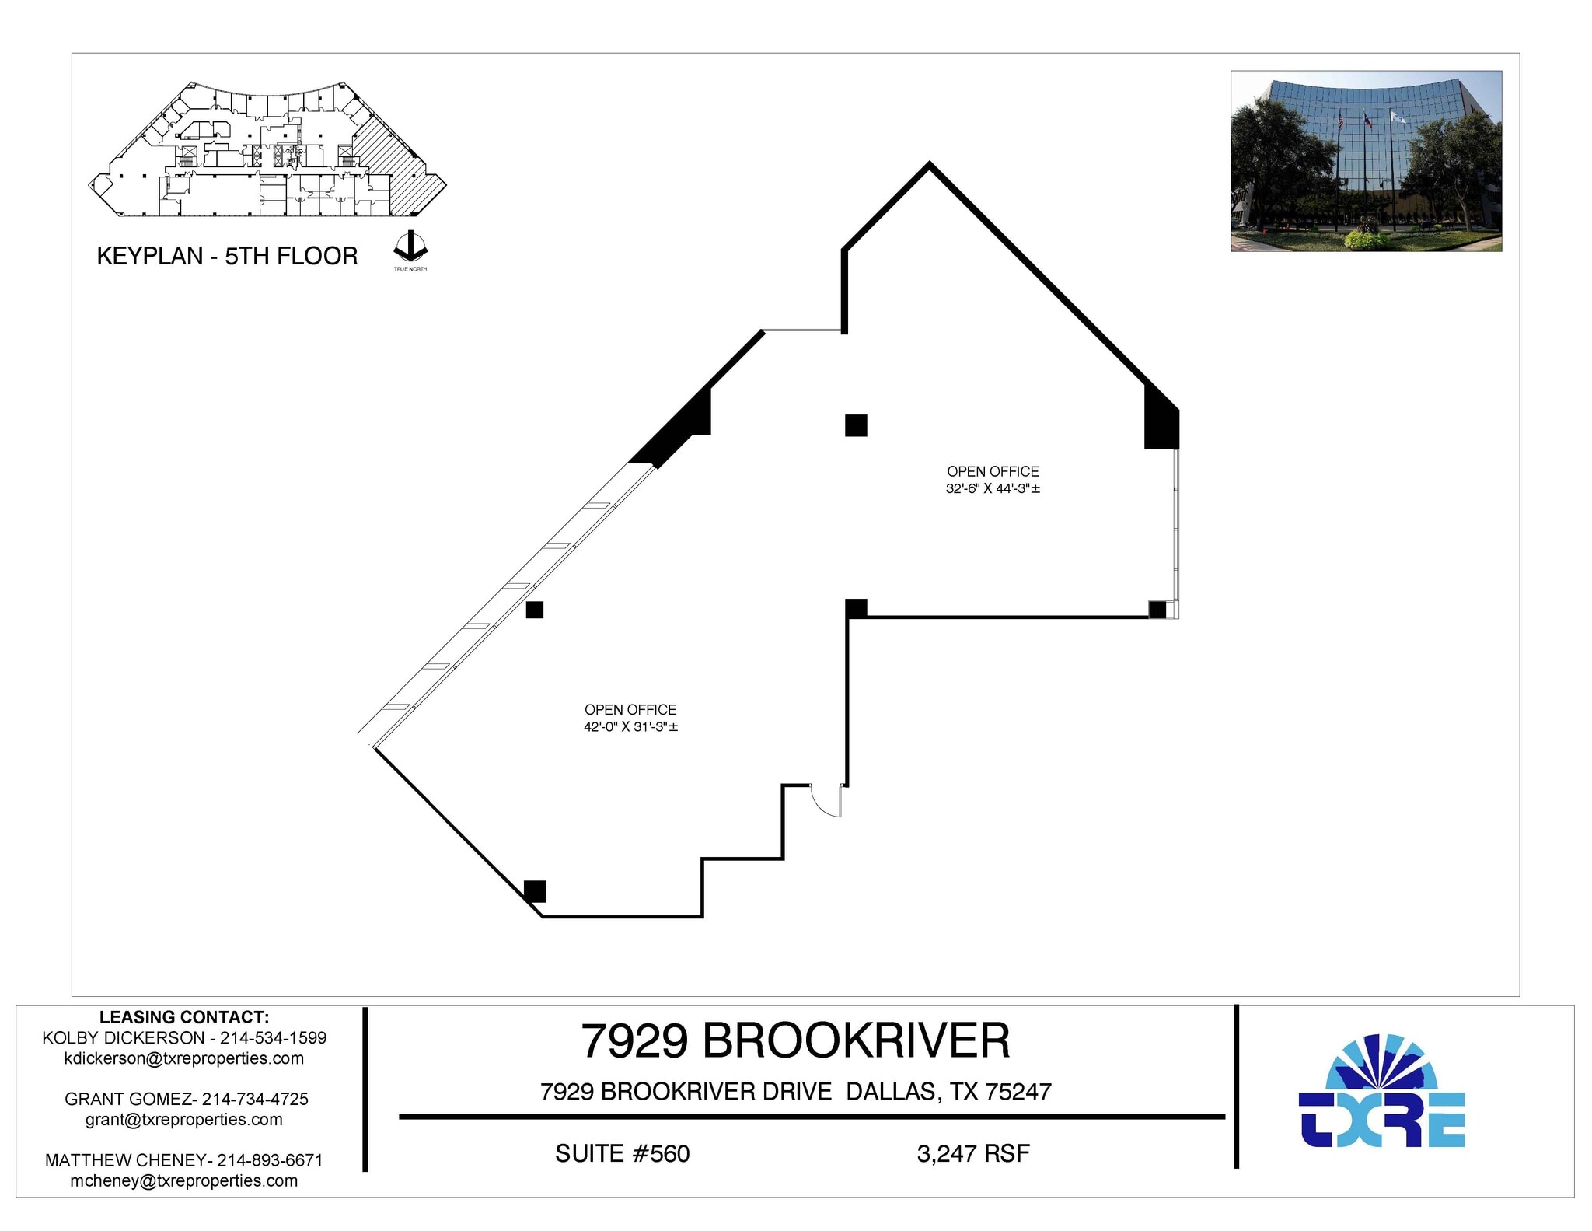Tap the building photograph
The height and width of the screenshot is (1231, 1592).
click(x=1366, y=161)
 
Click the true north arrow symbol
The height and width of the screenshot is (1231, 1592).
click(x=410, y=247)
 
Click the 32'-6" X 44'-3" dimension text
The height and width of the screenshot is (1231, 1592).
click(x=993, y=489)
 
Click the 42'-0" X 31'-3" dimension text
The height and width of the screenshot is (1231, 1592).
click(x=630, y=727)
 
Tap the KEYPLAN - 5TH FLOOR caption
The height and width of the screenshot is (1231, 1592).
click(x=227, y=256)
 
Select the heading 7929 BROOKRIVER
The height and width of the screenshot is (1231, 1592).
click(x=795, y=1040)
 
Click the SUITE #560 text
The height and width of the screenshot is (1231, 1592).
click(x=622, y=1153)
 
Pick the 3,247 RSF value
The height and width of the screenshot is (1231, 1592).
click(x=972, y=1153)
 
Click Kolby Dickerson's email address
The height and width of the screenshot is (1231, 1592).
click(x=183, y=1058)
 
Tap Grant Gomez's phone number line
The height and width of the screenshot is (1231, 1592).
click(x=187, y=1099)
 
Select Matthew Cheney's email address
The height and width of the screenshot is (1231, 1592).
click(x=183, y=1180)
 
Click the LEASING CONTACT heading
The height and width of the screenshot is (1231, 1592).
click(x=184, y=1017)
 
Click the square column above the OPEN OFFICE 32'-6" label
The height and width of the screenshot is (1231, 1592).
click(x=856, y=425)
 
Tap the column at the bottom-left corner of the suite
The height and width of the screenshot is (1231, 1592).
click(x=535, y=890)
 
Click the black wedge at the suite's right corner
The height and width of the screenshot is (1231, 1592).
click(x=1161, y=420)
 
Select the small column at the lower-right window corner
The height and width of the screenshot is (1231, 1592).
click(x=1157, y=610)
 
